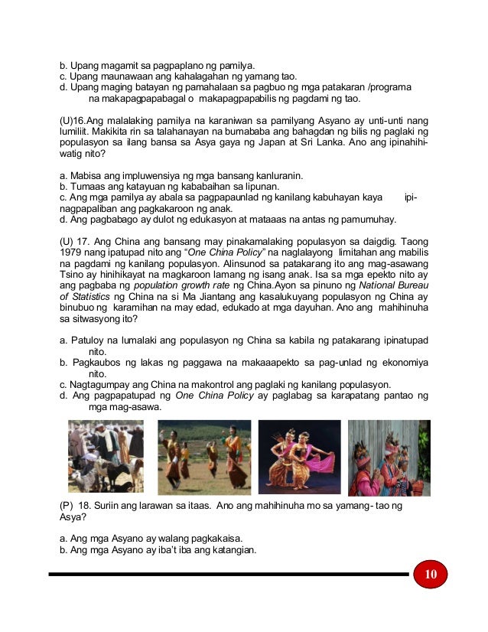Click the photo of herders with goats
106,456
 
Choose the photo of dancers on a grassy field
204,456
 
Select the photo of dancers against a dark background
299,456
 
